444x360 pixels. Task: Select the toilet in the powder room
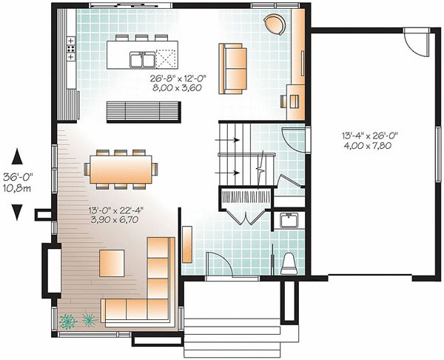pyautogui.click(x=289, y=261)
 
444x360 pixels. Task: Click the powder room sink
pyautogui.click(x=289, y=220)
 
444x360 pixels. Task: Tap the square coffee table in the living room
pyautogui.click(x=112, y=262)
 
